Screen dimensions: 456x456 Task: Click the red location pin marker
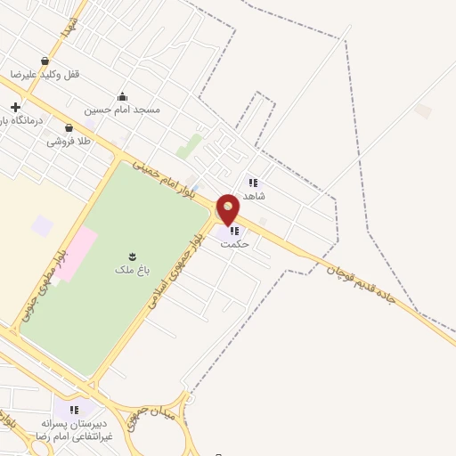click(229, 208)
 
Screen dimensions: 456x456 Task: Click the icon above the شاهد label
click(253, 181)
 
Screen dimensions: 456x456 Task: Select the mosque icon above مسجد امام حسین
click(122, 97)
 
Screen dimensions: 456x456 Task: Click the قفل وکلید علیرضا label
click(45, 74)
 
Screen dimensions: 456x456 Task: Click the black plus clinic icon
click(15, 108)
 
